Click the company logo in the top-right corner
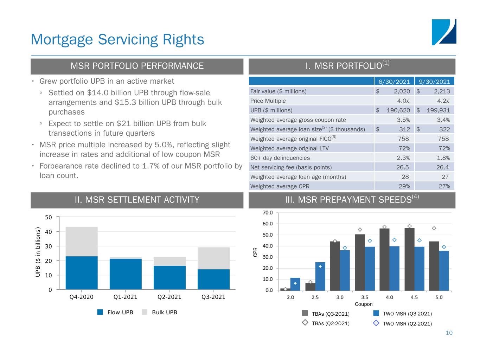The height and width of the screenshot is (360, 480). click(x=444, y=32)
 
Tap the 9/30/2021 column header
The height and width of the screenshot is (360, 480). click(x=435, y=82)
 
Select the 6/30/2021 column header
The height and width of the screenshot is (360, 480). click(x=394, y=82)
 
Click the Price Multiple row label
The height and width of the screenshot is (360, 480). click(x=268, y=101)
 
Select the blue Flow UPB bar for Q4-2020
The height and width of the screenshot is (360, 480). click(x=82, y=273)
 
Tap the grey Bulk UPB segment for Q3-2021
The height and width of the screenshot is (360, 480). click(x=213, y=258)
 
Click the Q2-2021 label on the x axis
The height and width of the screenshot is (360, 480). click(x=169, y=297)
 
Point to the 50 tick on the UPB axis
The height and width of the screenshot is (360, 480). click(x=49, y=217)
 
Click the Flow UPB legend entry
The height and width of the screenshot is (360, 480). click(x=116, y=312)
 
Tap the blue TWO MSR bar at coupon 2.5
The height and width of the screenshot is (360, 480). click(x=320, y=276)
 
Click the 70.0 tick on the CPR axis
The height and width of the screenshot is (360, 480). click(x=268, y=213)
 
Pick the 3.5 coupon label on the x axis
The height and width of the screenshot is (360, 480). click(x=365, y=297)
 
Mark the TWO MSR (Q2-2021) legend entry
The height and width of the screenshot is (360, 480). click(x=403, y=323)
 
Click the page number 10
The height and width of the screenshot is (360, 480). click(x=449, y=333)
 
